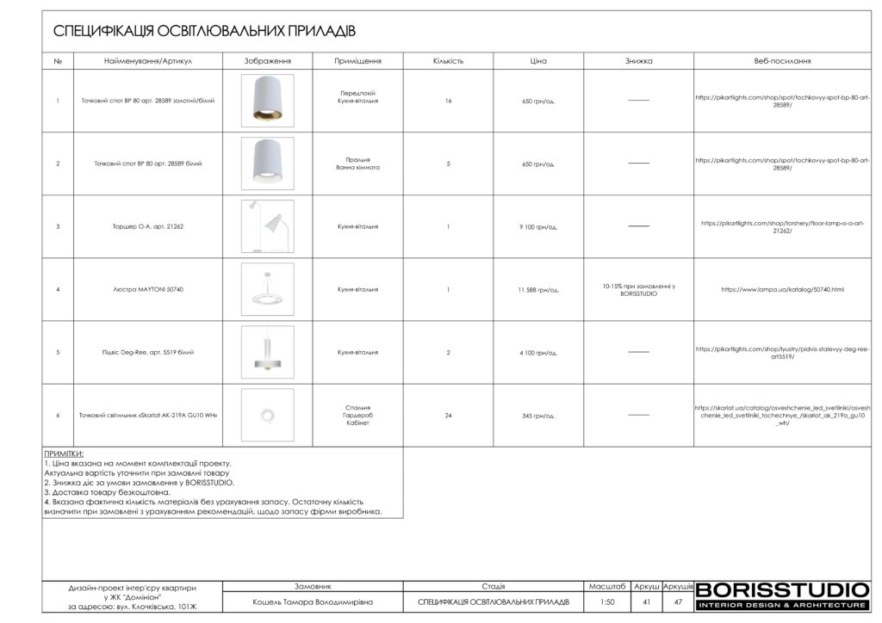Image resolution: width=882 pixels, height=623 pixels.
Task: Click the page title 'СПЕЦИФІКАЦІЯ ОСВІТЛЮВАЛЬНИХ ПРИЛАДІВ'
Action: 204,31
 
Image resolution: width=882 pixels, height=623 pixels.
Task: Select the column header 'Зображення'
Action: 267,61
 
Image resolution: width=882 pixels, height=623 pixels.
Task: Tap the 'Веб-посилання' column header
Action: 782,61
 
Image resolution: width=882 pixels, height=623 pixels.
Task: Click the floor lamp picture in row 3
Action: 267,226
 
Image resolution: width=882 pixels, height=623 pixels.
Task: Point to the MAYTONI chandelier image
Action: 267,290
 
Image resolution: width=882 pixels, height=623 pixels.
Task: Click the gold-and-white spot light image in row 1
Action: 267,101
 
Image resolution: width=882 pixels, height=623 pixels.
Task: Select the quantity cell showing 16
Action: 448,101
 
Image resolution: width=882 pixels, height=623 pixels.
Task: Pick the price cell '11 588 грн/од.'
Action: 538,290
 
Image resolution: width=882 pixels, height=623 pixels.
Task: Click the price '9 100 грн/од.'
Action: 538,227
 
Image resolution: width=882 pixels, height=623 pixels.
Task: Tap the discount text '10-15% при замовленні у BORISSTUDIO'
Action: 638,290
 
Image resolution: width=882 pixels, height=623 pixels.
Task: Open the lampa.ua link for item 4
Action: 782,290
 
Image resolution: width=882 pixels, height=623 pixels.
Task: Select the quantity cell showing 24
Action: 448,416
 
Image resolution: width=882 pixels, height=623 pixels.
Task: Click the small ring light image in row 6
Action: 267,416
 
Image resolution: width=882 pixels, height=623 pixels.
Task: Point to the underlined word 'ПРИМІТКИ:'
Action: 64,453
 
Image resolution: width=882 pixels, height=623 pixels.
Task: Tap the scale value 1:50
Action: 607,602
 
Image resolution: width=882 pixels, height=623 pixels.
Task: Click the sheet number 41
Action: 646,602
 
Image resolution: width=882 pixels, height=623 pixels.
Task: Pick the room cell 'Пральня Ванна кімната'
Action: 357,163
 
